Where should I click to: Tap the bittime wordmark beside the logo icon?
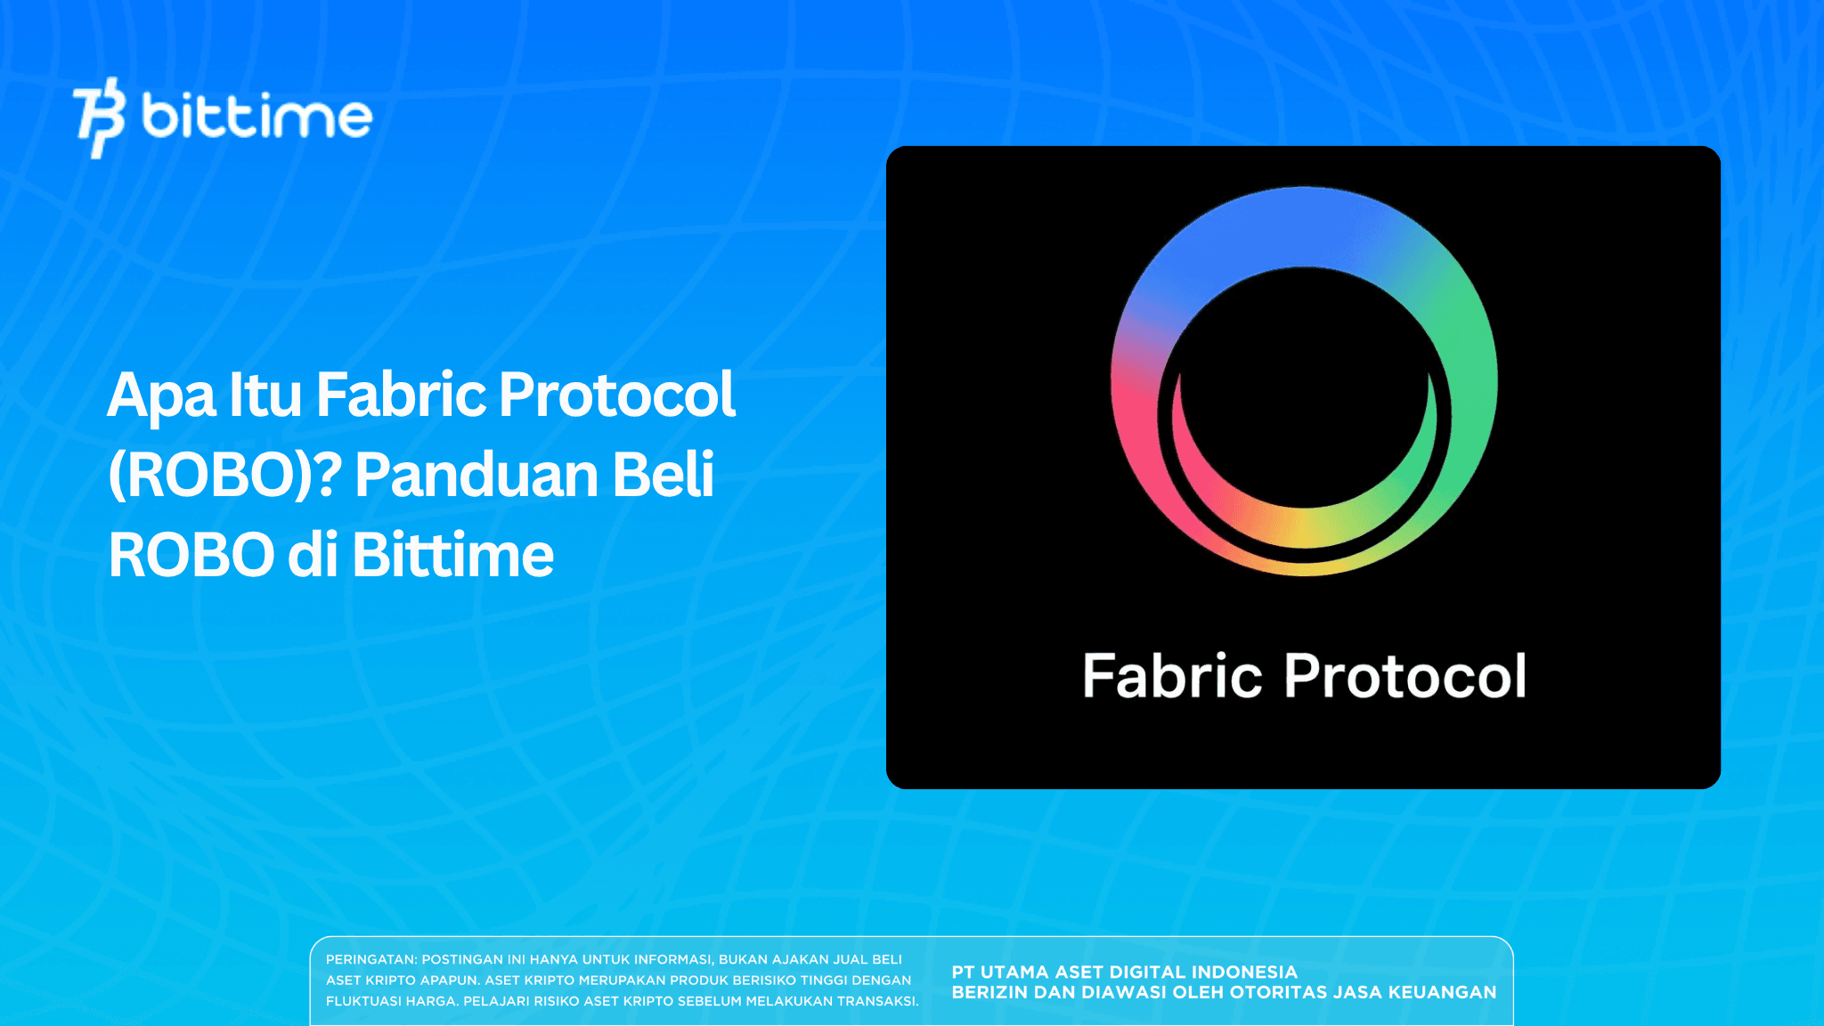(256, 117)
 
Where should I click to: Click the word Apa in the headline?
(160, 395)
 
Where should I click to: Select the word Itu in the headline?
(265, 395)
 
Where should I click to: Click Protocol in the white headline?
(616, 395)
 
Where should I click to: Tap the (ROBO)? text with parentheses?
(224, 476)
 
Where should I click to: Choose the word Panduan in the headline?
(476, 476)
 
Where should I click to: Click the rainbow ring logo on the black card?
(1304, 381)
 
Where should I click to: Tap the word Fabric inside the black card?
(1172, 676)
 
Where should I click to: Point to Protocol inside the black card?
(1405, 676)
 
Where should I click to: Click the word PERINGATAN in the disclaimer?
(370, 960)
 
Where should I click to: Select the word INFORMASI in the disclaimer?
(672, 960)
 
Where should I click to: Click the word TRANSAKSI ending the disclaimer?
(876, 1001)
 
